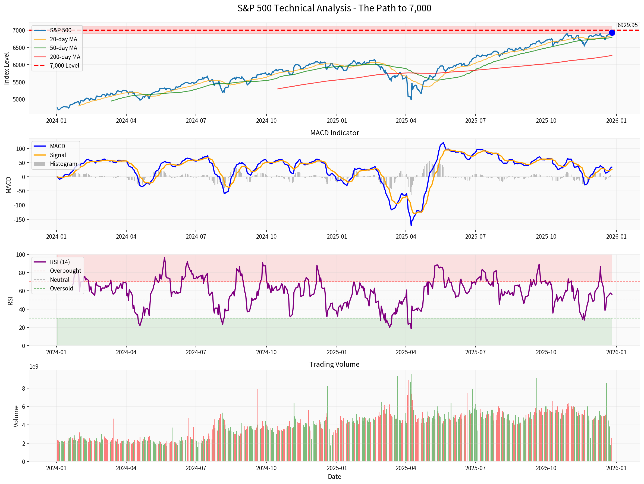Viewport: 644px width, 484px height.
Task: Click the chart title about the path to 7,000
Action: pos(334,8)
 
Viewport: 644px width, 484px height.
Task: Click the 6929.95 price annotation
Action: pos(627,25)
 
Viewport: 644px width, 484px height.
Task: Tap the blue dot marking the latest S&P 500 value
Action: pos(612,33)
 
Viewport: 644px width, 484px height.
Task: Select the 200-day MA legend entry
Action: pos(65,57)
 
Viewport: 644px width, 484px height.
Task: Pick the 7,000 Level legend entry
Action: pos(64,65)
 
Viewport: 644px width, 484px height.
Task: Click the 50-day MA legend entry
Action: pos(63,48)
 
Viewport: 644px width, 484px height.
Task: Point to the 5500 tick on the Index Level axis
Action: pos(19,82)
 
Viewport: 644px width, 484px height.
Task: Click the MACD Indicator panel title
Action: pos(334,133)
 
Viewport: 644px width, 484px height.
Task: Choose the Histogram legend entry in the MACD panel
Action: pos(63,164)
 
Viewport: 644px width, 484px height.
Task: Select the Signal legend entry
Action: pos(58,155)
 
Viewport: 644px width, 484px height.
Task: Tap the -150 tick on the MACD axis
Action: pos(19,219)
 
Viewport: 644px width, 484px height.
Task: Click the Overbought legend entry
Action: pos(65,271)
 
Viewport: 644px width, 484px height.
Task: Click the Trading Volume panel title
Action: pos(334,364)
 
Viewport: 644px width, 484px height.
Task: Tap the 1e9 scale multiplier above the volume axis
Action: pos(34,366)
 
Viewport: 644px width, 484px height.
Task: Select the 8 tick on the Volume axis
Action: pos(23,388)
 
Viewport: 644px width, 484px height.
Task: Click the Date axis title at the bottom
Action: pos(334,476)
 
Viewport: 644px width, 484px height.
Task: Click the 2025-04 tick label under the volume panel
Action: pos(406,468)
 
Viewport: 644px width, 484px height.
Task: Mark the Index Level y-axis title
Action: pos(7,68)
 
